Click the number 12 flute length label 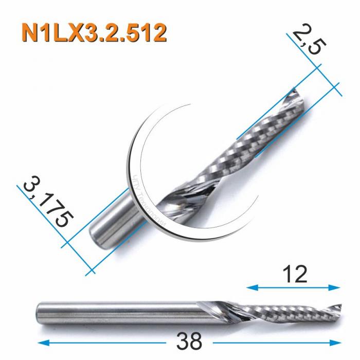point(295,275)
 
